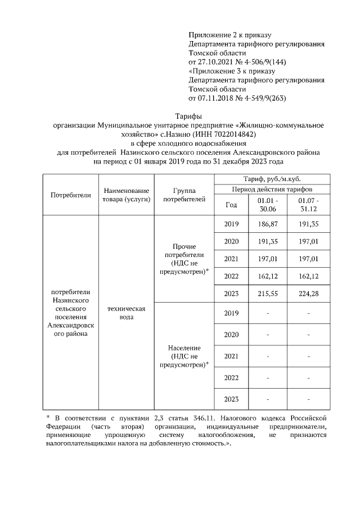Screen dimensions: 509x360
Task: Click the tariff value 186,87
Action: point(267,224)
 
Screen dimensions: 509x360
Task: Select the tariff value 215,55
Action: point(267,294)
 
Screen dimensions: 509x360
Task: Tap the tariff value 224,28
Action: point(309,294)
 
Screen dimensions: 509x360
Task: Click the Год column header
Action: point(231,205)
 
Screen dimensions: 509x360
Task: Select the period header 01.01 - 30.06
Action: point(267,205)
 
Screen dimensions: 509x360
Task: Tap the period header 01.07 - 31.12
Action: point(309,205)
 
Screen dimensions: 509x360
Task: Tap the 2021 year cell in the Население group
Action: point(231,356)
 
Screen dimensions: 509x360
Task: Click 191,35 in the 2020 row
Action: point(267,242)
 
